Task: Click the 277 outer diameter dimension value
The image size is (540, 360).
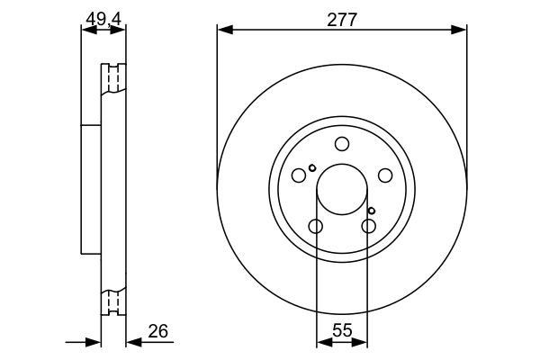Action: tap(342, 17)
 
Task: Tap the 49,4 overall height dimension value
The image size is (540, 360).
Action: tap(104, 17)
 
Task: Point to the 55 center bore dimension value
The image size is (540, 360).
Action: tap(342, 331)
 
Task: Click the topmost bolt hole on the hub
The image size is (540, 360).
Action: tap(342, 144)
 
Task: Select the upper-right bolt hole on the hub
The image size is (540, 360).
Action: tap(384, 175)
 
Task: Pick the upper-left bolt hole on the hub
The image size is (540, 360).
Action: tap(299, 175)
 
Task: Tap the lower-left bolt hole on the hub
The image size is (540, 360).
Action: tap(315, 226)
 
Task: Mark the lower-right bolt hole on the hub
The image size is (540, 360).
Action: tap(368, 226)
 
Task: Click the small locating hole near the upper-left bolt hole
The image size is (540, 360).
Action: tap(311, 167)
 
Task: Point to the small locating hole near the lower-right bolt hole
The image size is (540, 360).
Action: tap(372, 211)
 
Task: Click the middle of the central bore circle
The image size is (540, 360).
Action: tap(342, 189)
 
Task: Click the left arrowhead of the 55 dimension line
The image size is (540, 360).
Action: tap(322, 342)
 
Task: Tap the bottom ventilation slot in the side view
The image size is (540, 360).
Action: tap(113, 301)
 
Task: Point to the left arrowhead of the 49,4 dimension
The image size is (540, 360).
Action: tap(87, 30)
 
